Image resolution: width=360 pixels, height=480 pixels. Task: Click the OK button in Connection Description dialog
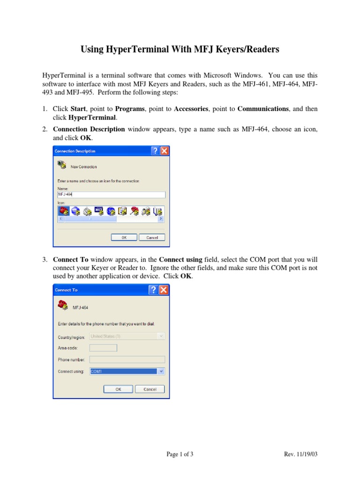pyautogui.click(x=124, y=238)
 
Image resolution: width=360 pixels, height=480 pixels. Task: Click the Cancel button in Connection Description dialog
pyautogui.click(x=152, y=238)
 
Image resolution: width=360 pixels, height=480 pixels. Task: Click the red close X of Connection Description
pyautogui.click(x=164, y=151)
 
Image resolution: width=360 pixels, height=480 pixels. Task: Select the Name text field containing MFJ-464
pyautogui.click(x=111, y=195)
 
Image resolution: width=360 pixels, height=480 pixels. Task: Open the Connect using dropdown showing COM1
pyautogui.click(x=161, y=371)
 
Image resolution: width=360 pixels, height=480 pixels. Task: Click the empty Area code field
pyautogui.click(x=103, y=348)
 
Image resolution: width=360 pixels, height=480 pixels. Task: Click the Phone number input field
pyautogui.click(x=127, y=360)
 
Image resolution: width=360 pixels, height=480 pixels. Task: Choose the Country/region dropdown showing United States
pyautogui.click(x=127, y=336)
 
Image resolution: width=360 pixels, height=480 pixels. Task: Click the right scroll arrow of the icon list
pyautogui.click(x=161, y=219)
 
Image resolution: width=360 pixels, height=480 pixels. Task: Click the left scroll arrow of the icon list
pyautogui.click(x=60, y=219)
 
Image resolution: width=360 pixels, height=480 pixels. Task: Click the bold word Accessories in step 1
pyautogui.click(x=191, y=109)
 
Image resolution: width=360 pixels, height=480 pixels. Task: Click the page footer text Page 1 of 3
pyautogui.click(x=180, y=454)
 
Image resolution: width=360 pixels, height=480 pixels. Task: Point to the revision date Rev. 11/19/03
pyautogui.click(x=301, y=454)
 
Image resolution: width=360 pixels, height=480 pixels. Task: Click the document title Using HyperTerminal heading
pyautogui.click(x=180, y=49)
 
